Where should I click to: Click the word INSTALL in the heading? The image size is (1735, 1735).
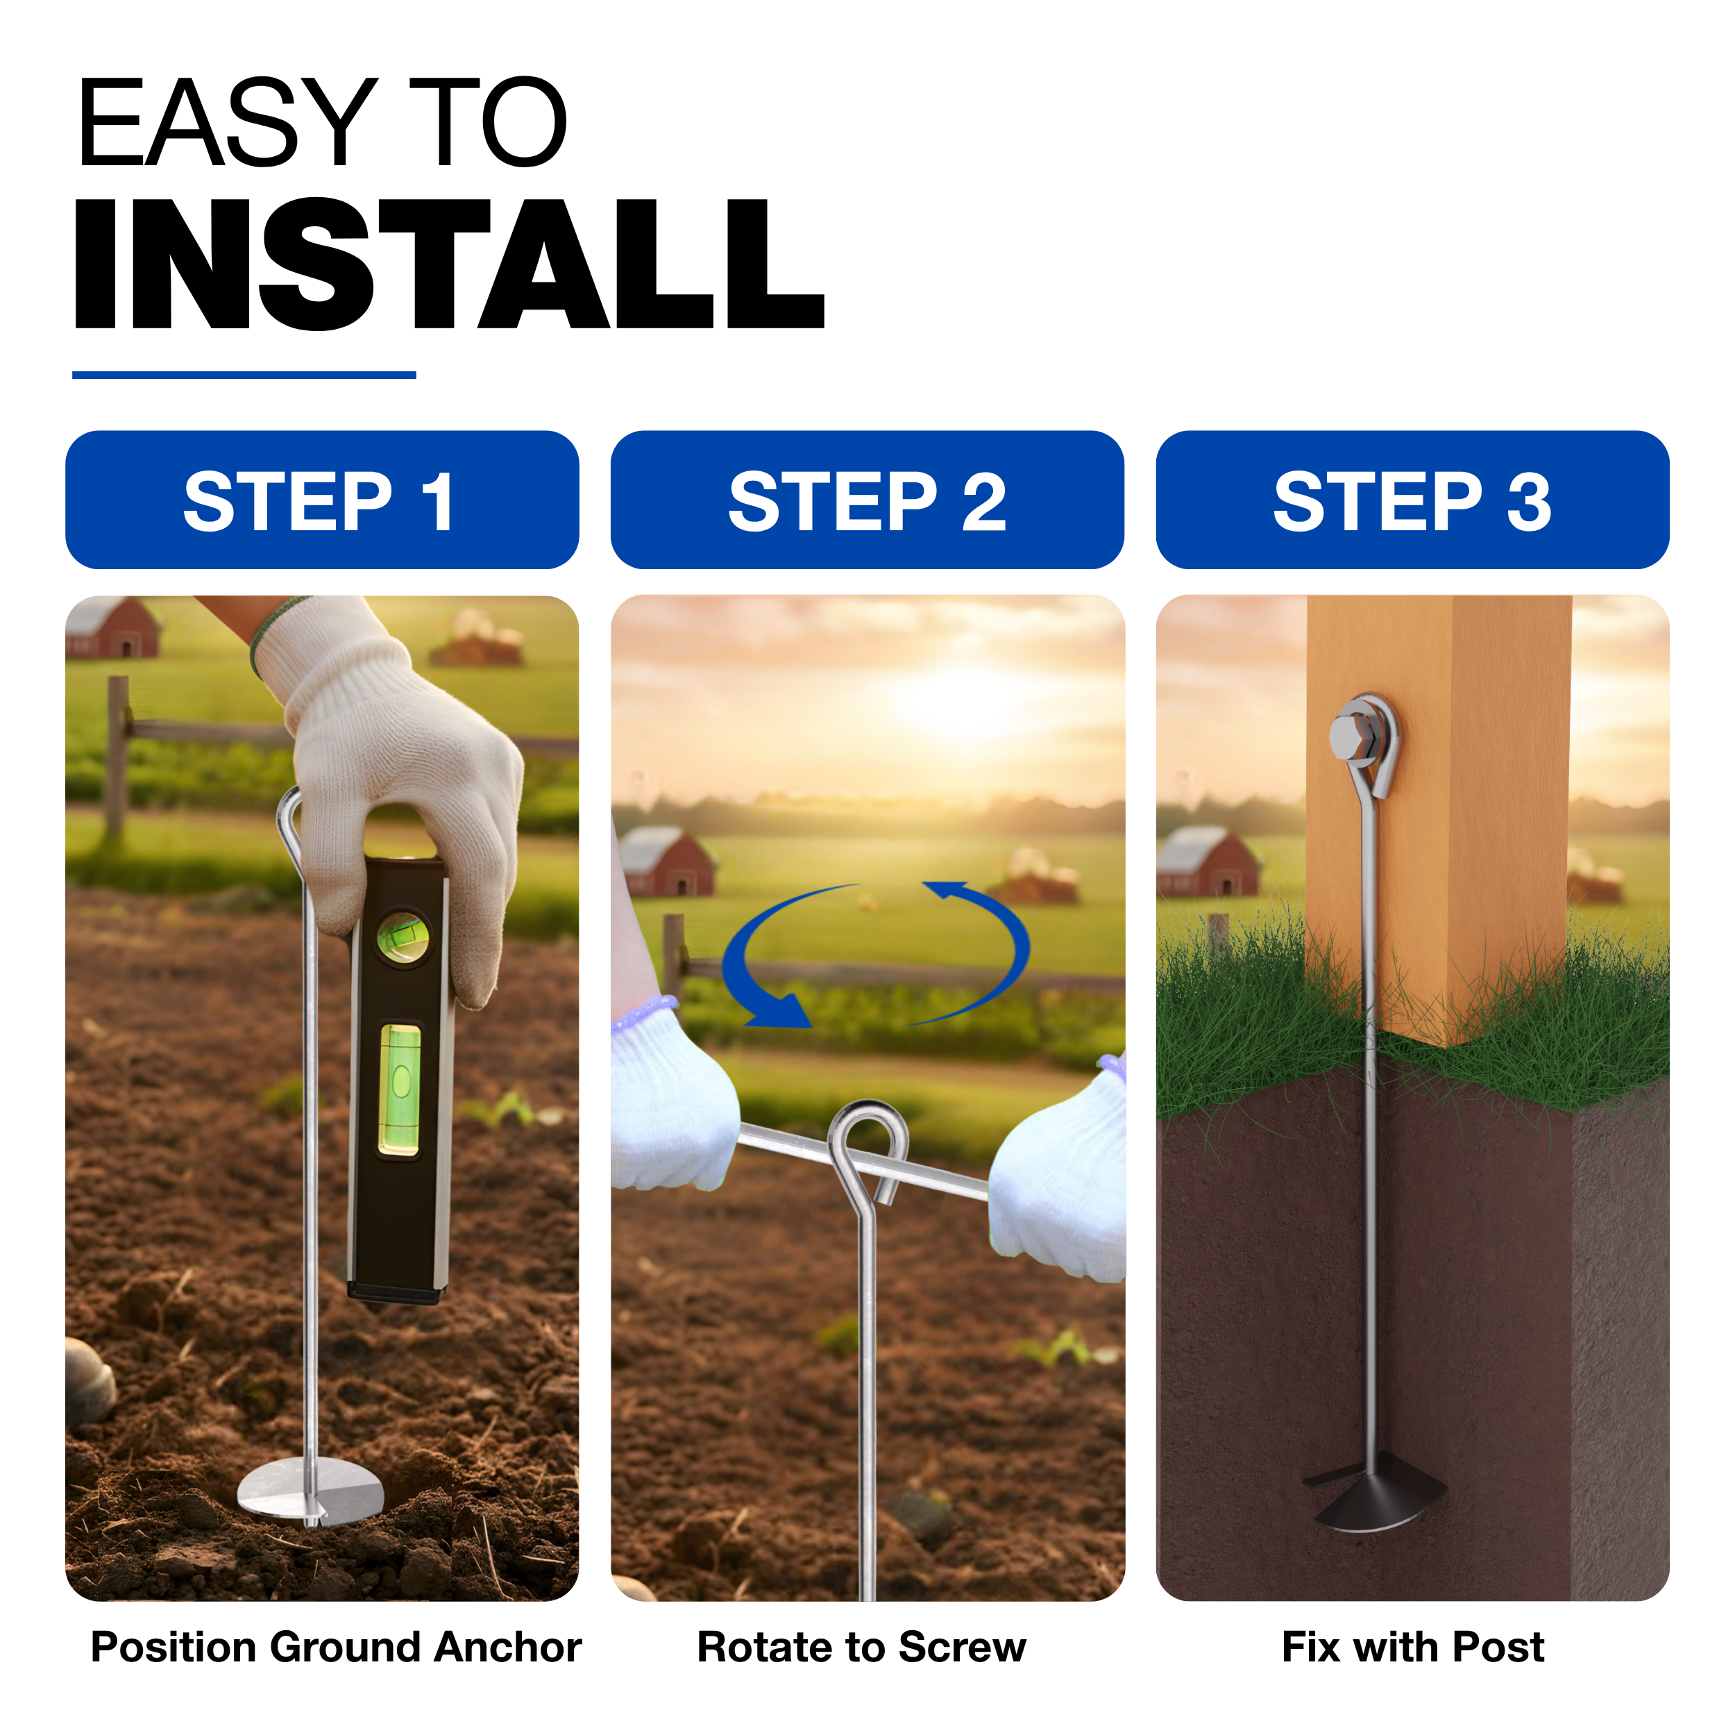click(x=449, y=264)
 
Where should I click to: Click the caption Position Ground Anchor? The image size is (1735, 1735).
click(x=336, y=1648)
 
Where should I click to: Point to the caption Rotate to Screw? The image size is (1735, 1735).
click(x=861, y=1648)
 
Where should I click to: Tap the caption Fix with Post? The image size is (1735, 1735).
click(x=1412, y=1648)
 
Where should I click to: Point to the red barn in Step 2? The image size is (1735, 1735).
click(x=666, y=861)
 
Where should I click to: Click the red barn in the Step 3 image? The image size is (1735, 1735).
click(x=1208, y=861)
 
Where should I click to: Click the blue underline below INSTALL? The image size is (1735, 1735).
click(x=244, y=375)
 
